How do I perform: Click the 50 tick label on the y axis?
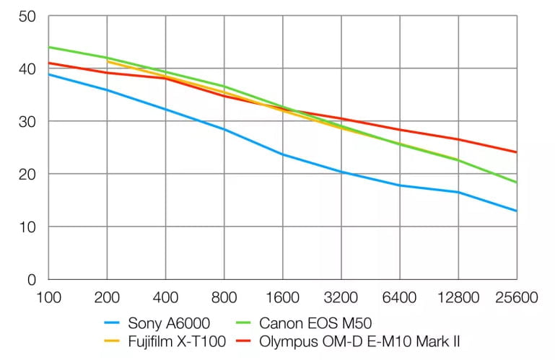coord(27,16)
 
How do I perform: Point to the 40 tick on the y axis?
coord(27,69)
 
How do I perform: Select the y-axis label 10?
coord(27,227)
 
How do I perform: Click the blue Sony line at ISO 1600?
coord(282,154)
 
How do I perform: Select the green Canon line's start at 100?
coord(48,47)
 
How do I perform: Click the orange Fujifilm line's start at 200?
coord(107,61)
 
